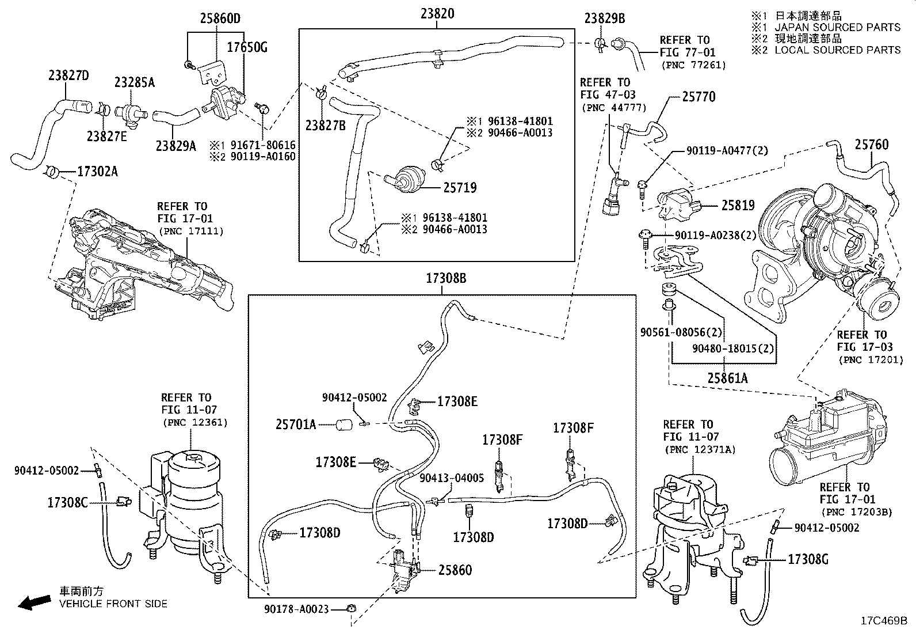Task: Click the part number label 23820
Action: (436, 13)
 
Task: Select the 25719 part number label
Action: (460, 188)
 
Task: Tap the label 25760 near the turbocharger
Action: (871, 145)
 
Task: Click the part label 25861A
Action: (728, 378)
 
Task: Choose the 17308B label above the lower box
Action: (446, 279)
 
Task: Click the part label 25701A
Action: (296, 425)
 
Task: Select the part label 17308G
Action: (808, 559)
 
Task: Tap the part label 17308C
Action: (67, 502)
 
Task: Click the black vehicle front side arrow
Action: (34, 602)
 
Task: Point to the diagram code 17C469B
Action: (884, 621)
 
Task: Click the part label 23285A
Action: (134, 82)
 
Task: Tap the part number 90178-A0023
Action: (296, 608)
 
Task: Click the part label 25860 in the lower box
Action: (455, 570)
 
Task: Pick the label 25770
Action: (699, 97)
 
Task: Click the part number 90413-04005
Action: (452, 478)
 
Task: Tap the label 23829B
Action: (604, 18)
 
